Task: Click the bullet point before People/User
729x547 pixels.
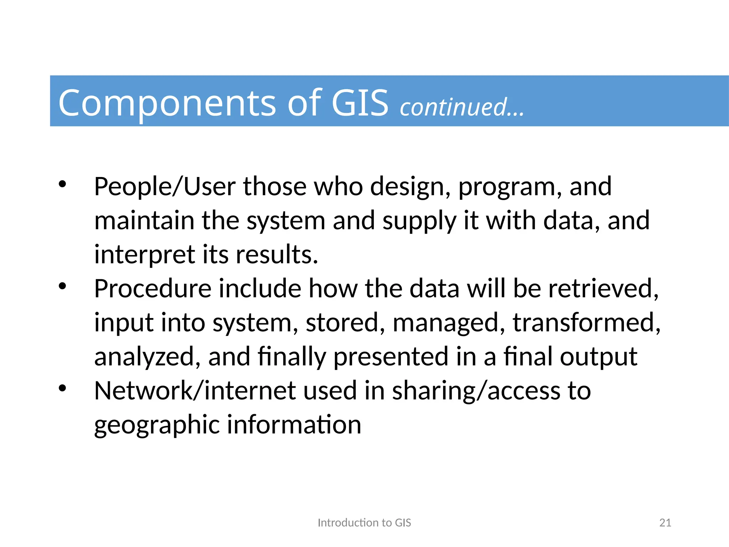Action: tap(63, 184)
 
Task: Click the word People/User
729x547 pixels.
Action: tap(164, 187)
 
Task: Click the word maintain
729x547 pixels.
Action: tap(144, 220)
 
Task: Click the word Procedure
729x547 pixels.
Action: tap(153, 288)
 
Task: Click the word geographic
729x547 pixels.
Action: tap(157, 425)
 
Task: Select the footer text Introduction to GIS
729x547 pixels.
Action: tap(364, 522)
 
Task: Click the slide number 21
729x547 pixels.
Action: tap(665, 522)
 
